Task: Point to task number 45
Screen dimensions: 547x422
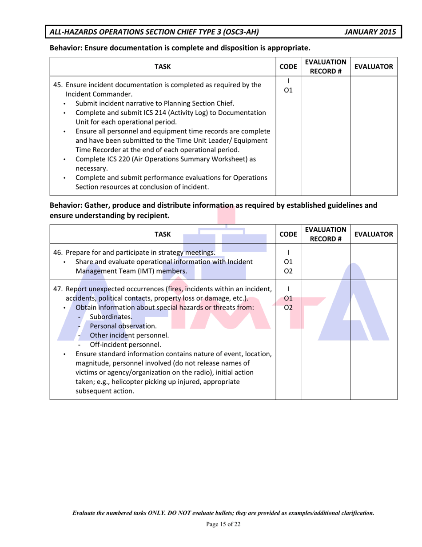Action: click(x=58, y=84)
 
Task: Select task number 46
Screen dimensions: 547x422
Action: click(x=58, y=253)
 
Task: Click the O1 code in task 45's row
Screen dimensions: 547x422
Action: click(x=288, y=91)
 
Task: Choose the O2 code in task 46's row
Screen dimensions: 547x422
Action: click(x=288, y=271)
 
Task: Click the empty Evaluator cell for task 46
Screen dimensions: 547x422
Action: click(x=373, y=262)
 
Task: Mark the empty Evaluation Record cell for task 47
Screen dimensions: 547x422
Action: click(x=326, y=340)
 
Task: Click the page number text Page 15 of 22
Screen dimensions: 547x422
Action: click(x=223, y=524)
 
